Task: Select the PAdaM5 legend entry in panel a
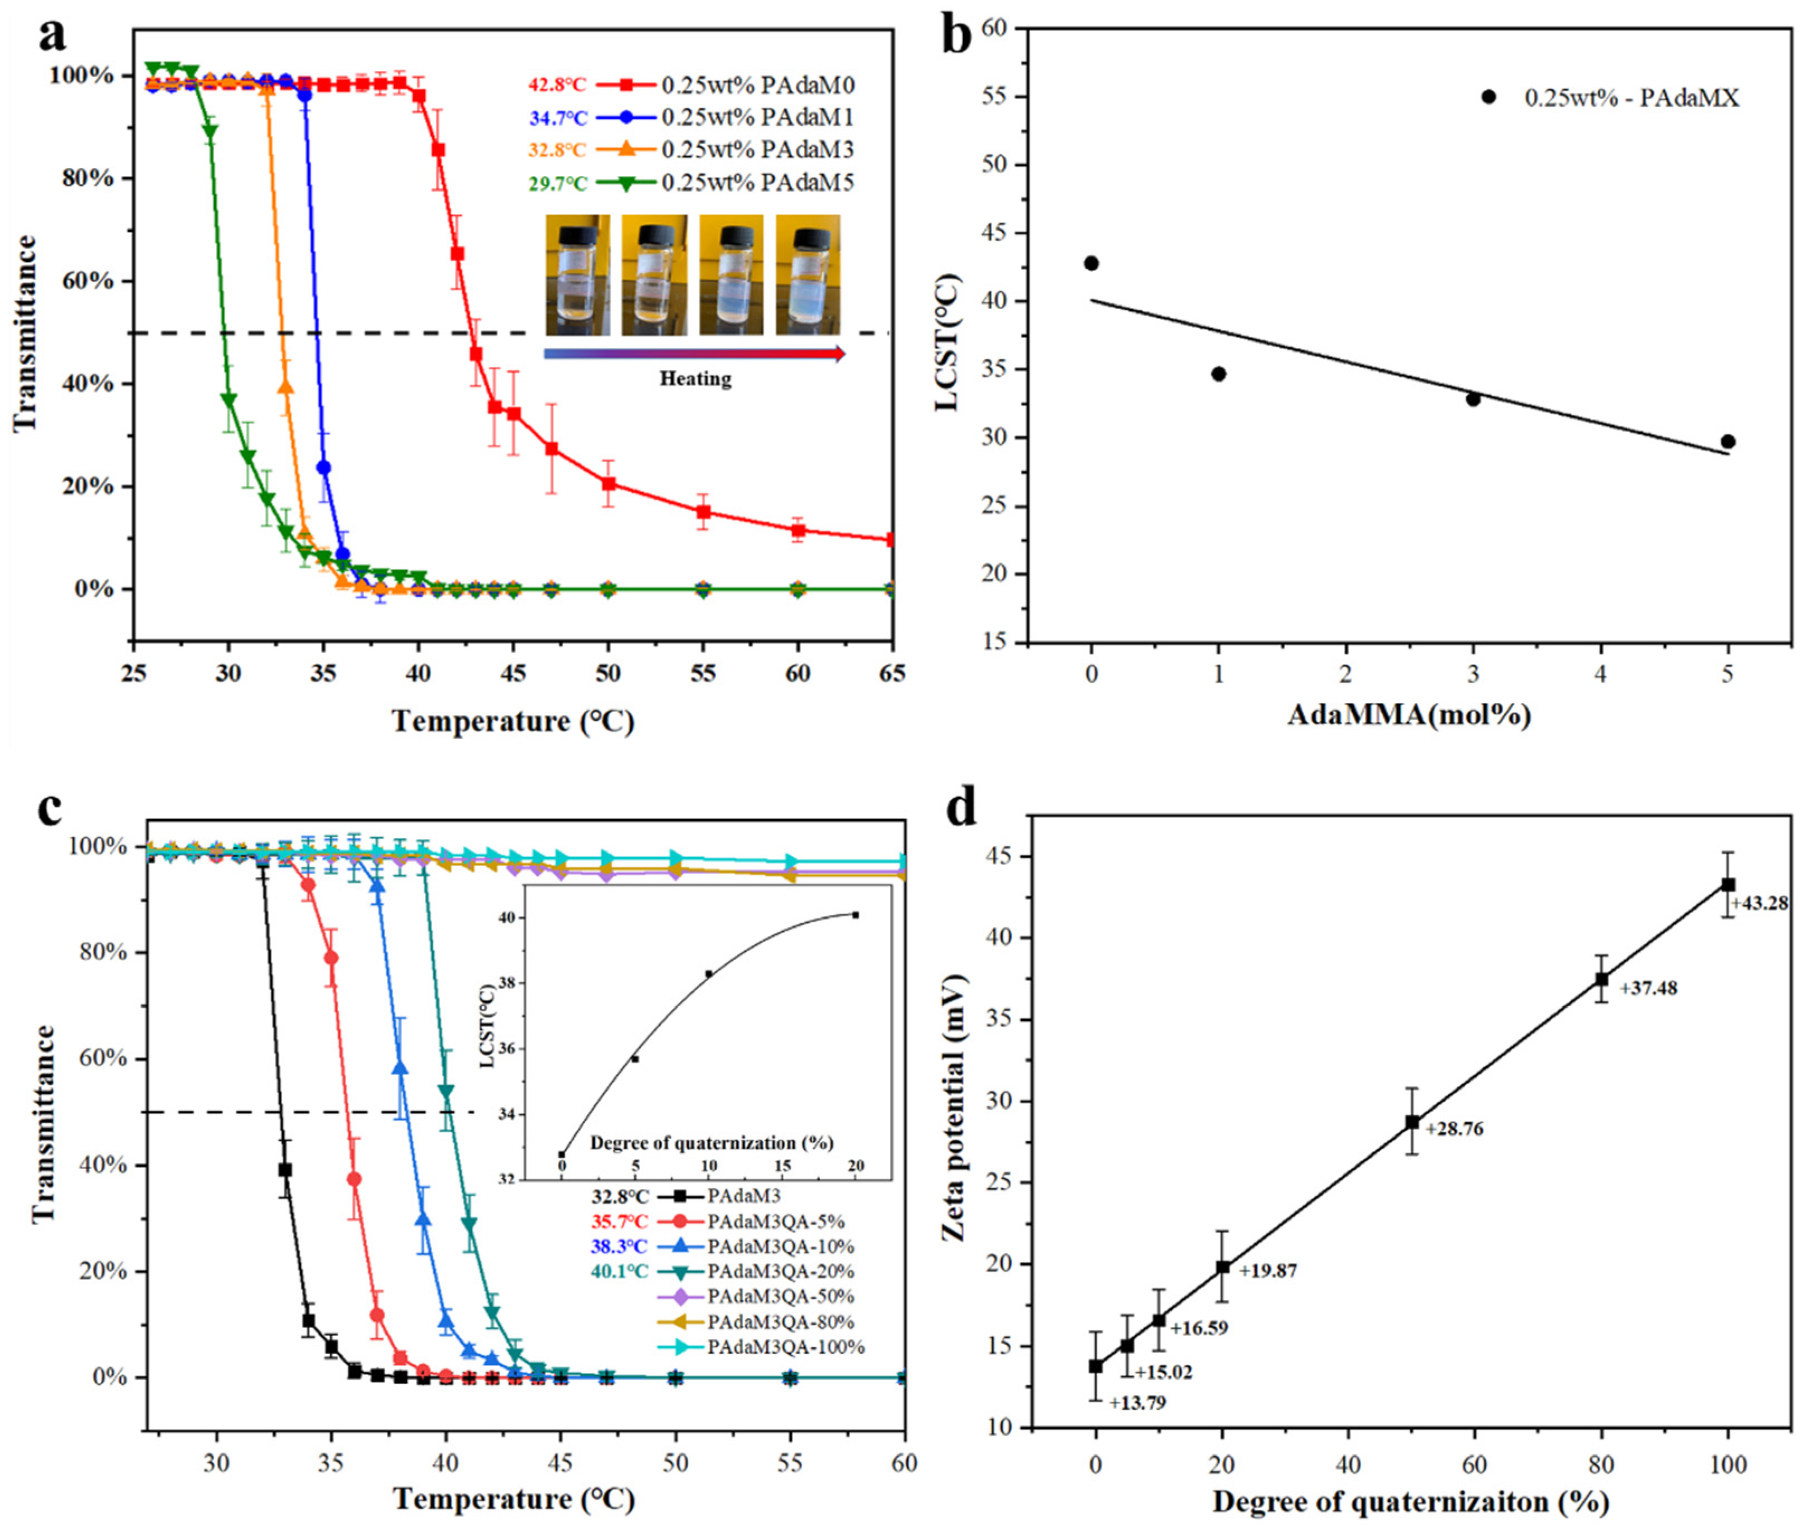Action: click(x=757, y=183)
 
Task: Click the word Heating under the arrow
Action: click(x=695, y=379)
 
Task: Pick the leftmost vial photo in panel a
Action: click(x=577, y=275)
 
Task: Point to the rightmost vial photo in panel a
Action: click(x=808, y=275)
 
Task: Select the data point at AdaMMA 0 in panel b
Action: click(x=1091, y=263)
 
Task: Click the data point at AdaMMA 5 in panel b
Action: click(x=1728, y=441)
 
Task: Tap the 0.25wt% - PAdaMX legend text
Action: click(x=1632, y=98)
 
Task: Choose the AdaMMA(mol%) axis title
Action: click(x=1409, y=715)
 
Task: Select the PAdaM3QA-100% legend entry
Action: click(x=785, y=1347)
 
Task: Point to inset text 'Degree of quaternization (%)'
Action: click(x=712, y=1143)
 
